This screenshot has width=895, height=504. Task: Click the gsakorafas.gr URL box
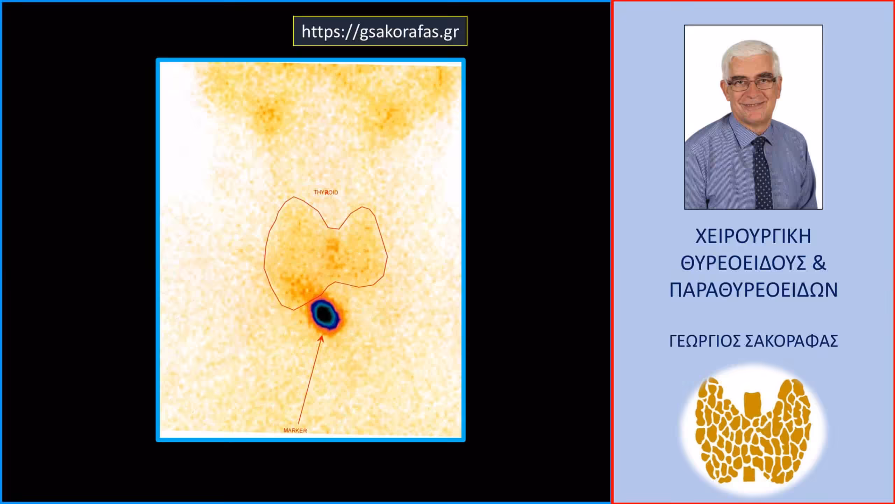(380, 31)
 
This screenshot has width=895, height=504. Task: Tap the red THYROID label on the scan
(326, 192)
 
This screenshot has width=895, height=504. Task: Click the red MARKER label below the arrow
(295, 430)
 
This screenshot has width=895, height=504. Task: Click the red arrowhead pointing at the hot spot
(321, 338)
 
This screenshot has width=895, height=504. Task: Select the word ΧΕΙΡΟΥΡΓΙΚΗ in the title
(753, 237)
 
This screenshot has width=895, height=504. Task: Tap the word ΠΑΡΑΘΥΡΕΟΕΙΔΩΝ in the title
(753, 290)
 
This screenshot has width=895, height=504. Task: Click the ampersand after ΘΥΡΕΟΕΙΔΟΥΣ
(819, 263)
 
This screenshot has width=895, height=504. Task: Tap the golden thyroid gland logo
(753, 430)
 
